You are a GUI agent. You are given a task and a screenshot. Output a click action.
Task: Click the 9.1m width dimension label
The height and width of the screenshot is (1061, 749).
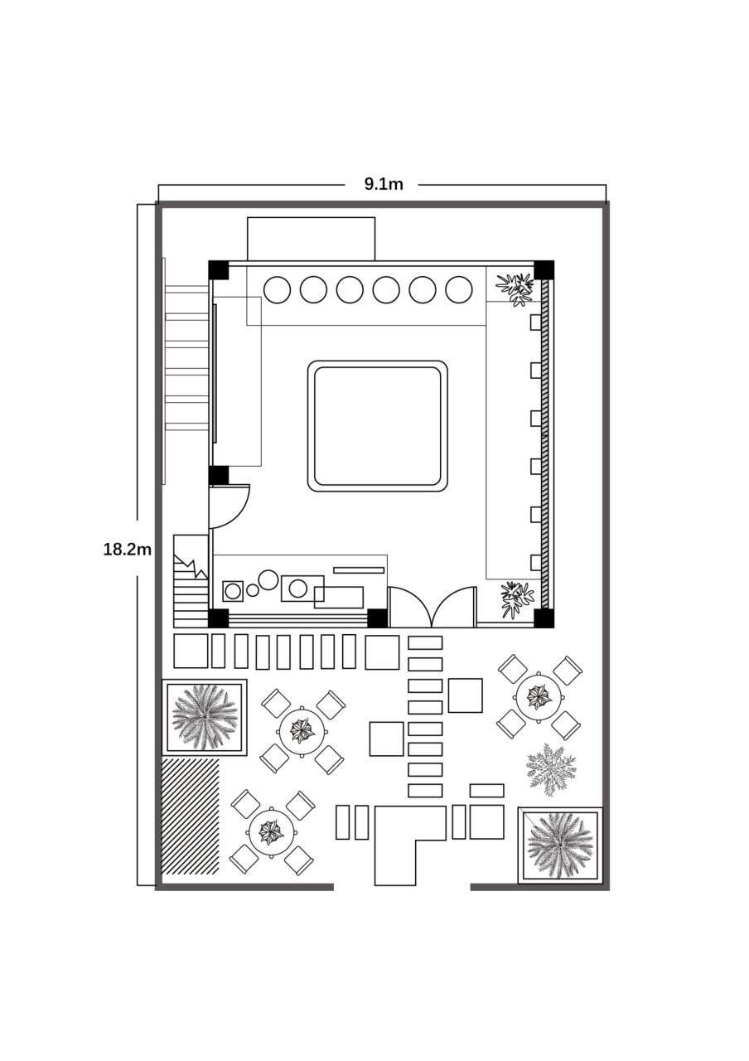[383, 184]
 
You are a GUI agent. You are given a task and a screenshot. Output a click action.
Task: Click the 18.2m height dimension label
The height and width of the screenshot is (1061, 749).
[127, 550]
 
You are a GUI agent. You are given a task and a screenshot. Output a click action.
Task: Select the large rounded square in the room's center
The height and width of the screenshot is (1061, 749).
[378, 426]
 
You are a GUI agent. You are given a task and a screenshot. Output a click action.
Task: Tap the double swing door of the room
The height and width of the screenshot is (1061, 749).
[432, 608]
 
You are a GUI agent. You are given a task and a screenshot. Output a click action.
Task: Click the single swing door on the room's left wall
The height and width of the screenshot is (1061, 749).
[228, 506]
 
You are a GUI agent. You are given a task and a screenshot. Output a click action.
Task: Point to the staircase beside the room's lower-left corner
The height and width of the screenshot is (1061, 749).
[191, 583]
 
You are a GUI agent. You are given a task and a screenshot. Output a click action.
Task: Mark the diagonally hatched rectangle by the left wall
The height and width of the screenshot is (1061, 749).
[191, 816]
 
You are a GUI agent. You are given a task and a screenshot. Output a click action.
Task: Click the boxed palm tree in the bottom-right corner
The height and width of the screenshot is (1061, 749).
[561, 845]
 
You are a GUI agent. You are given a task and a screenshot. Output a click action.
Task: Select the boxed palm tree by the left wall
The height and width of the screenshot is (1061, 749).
[204, 717]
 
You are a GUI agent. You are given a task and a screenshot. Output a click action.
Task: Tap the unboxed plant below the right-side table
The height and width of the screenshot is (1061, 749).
[551, 770]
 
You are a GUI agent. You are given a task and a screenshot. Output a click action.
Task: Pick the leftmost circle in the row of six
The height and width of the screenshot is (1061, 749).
[277, 289]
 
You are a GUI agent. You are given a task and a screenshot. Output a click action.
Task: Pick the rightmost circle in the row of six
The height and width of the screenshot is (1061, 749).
[459, 289]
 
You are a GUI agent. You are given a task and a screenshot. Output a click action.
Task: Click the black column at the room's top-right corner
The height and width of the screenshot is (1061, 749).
[544, 269]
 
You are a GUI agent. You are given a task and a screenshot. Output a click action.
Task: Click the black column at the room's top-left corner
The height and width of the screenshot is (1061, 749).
[218, 269]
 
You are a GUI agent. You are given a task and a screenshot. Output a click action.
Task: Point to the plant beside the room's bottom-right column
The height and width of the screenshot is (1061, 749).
[517, 598]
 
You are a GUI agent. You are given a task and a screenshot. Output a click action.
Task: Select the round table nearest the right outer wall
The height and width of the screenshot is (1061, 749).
[539, 696]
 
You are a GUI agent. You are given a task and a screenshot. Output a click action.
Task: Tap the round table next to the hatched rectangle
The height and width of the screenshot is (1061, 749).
[271, 831]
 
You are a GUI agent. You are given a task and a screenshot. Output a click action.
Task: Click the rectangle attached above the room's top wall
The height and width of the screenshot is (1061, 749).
[312, 239]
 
